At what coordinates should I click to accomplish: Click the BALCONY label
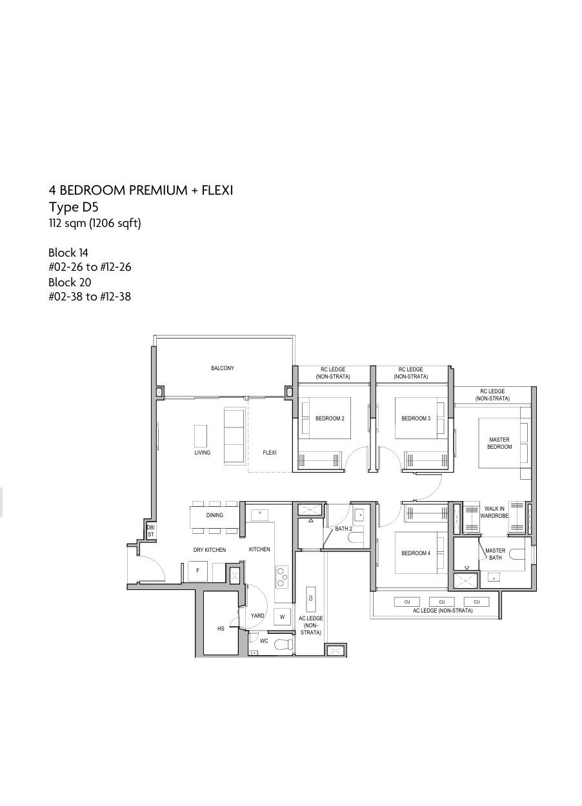(x=222, y=368)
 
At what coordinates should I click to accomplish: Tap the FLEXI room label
(x=270, y=453)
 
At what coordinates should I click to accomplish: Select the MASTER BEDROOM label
(x=499, y=444)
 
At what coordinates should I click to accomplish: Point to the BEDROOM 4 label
(x=416, y=553)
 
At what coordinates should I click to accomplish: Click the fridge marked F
(x=197, y=571)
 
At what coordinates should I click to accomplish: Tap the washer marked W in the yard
(x=282, y=617)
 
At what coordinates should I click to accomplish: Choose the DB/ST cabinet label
(x=150, y=531)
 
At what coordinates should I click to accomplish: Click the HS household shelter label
(x=221, y=629)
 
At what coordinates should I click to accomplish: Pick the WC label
(x=264, y=641)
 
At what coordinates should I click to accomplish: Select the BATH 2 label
(x=343, y=529)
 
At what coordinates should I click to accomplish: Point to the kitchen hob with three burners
(x=282, y=577)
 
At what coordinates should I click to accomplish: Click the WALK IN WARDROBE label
(x=494, y=512)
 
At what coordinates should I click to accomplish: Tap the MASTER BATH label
(x=495, y=554)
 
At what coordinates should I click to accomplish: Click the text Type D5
(x=74, y=207)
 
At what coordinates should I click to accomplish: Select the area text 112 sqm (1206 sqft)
(x=95, y=224)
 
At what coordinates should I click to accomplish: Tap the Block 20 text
(x=70, y=282)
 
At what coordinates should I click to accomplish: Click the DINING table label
(x=215, y=515)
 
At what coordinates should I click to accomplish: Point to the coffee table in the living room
(x=201, y=436)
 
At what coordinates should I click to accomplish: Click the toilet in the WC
(x=284, y=643)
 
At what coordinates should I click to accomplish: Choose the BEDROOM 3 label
(x=416, y=418)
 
